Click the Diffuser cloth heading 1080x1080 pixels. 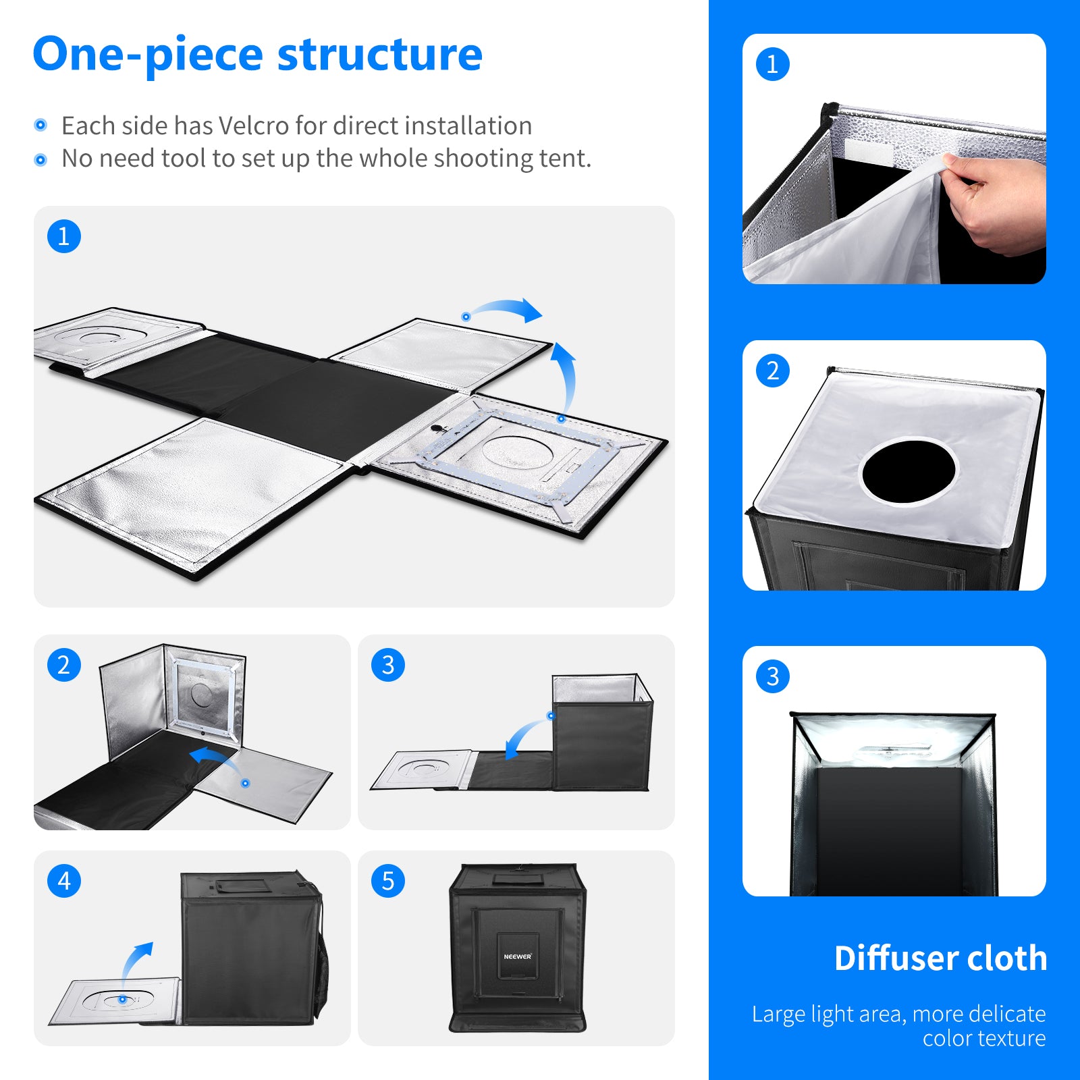coord(940,959)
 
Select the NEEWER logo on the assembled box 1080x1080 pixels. coord(517,956)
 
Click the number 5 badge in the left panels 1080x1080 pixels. coord(388,881)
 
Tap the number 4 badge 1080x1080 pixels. coord(64,881)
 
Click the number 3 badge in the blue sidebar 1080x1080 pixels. coord(773,676)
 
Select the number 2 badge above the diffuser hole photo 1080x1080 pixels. coord(773,371)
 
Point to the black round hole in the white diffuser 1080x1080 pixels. coord(909,471)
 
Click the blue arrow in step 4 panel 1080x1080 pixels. coord(135,962)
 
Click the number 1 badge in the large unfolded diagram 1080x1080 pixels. coord(64,236)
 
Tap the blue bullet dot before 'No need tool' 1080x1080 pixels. coord(40,160)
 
